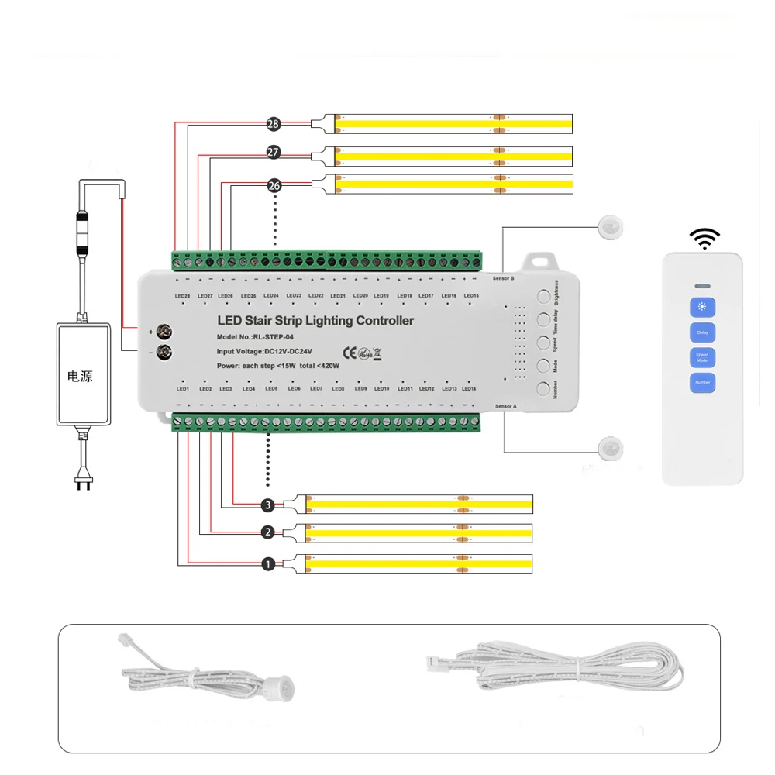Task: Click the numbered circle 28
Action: (x=273, y=124)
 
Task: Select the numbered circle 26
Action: (x=273, y=185)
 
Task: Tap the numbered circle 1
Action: (x=268, y=564)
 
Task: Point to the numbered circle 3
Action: (x=268, y=505)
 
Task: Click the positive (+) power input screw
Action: (x=164, y=332)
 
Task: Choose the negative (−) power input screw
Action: (x=164, y=353)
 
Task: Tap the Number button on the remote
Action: (x=702, y=382)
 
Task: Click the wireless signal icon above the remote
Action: (x=705, y=238)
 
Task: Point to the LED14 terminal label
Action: (x=469, y=388)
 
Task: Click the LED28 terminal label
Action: (x=183, y=296)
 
